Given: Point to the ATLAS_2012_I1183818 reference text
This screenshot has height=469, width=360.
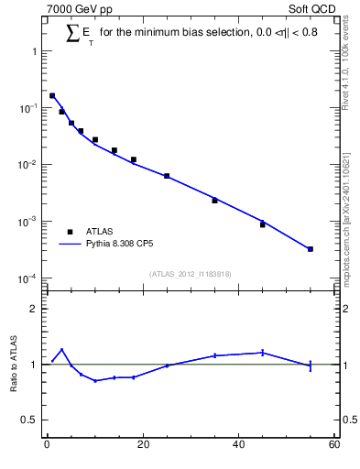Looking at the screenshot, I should pos(191,273).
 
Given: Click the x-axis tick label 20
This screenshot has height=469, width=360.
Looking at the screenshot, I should pos(143,445).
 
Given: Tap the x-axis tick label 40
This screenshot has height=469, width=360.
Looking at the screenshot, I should pos(239,445).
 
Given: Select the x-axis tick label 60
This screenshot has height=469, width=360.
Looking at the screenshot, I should pos(334,445).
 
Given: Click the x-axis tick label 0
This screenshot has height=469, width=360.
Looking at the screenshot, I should pos(47,445).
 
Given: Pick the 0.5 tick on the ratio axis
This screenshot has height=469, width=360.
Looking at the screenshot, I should pos(30,420).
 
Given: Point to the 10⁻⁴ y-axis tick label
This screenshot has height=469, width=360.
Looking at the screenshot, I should pos(27,278).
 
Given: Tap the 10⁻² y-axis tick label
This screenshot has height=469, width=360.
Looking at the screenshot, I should pos(27,165).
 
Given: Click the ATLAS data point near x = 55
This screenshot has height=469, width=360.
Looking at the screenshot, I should pos(311,249).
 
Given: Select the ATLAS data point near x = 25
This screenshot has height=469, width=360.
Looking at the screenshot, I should pos(167,176).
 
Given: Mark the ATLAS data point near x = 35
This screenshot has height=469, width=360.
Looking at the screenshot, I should pos(214,201).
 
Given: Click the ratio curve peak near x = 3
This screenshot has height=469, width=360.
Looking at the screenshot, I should pos(61,349).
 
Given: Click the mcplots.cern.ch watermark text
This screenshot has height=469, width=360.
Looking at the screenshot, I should pos(345,211).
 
